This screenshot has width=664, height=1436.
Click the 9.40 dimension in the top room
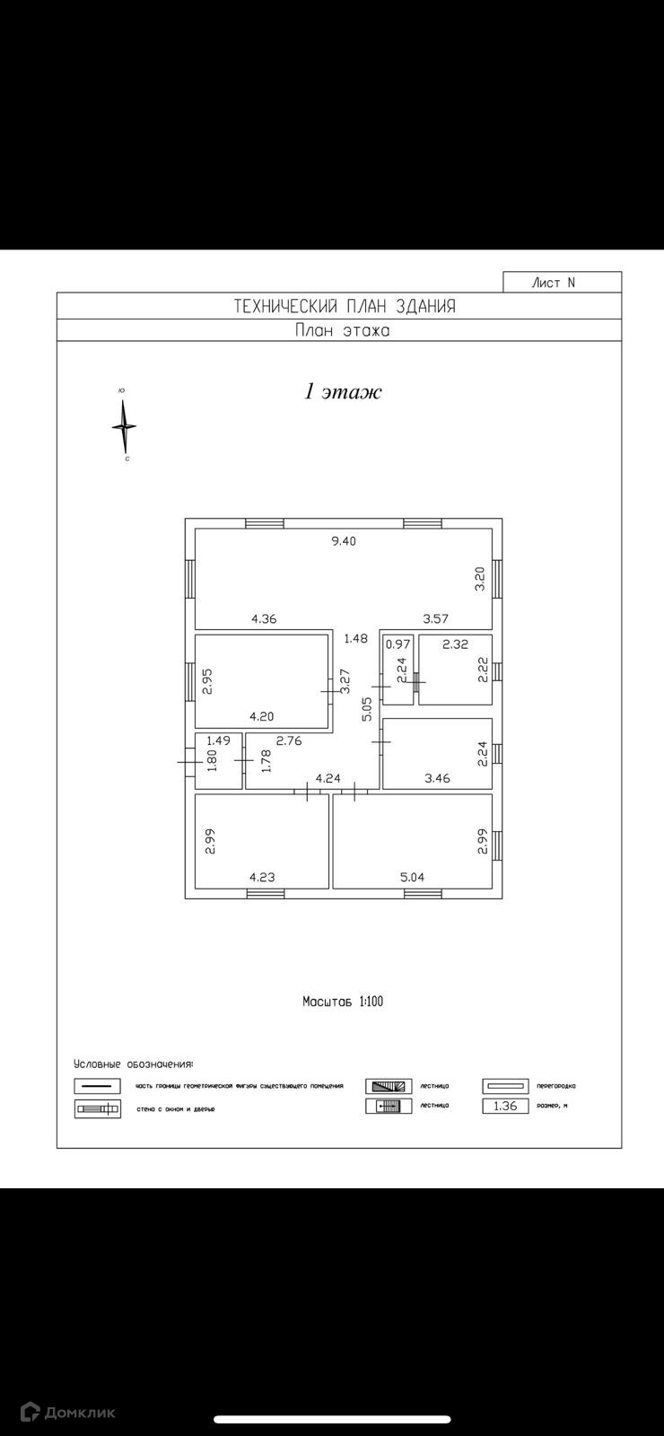coord(344,541)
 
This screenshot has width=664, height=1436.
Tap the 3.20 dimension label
coord(479,578)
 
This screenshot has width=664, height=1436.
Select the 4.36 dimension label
coord(264,618)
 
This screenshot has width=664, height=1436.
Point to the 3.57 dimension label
coord(435,618)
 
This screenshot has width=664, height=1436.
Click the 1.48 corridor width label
coord(355,639)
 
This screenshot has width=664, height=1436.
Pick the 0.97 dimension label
coord(398,644)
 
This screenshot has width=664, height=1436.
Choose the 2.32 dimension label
coord(455,644)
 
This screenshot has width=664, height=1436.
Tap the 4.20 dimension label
coord(262,716)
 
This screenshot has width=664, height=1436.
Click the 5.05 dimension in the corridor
coord(367,709)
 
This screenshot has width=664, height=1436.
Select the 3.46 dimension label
coord(437,778)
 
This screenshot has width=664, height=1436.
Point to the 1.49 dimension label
coord(219,740)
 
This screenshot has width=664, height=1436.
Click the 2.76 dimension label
coord(289,740)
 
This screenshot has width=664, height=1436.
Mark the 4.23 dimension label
coord(262,877)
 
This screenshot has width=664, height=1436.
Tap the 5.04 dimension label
coord(412,877)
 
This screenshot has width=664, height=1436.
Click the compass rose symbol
coord(125,426)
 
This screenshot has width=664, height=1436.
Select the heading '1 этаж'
coord(343,392)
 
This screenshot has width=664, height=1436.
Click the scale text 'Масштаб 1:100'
coord(342,1001)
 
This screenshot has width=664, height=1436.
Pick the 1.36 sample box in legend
coord(505,1107)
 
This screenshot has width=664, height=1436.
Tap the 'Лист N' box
coord(561,283)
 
